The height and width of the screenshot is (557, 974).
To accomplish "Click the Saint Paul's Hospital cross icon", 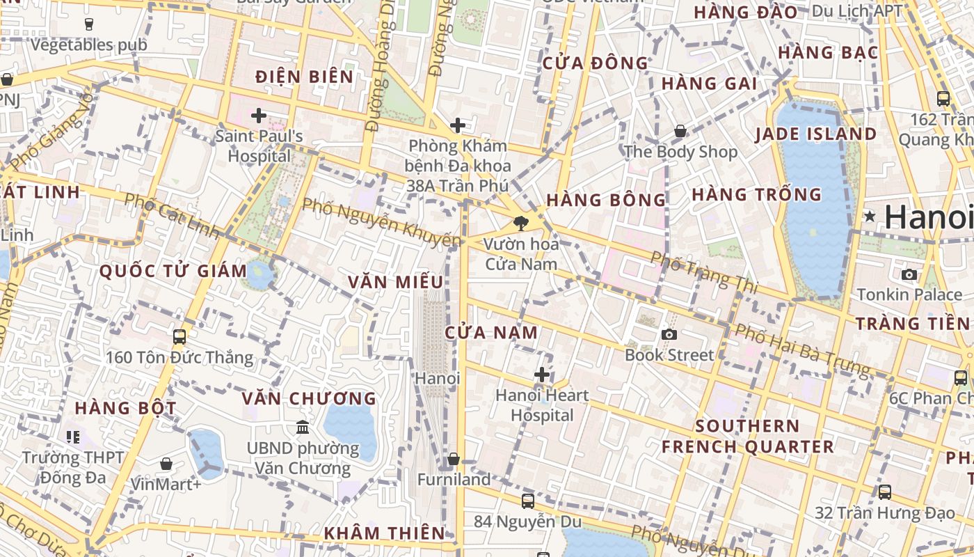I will (x=259, y=116).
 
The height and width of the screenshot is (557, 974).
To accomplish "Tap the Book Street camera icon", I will (x=669, y=334).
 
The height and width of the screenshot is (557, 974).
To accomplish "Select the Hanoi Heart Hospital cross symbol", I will (x=542, y=375).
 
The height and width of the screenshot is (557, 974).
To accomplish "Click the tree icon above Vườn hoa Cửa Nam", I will (x=520, y=223).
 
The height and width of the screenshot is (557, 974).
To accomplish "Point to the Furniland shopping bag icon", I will (x=454, y=459).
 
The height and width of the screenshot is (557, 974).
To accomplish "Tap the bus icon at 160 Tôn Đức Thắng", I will (x=179, y=337).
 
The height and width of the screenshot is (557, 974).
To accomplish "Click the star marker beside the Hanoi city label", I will (x=870, y=217).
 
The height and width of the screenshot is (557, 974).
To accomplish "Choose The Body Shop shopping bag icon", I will (x=680, y=131).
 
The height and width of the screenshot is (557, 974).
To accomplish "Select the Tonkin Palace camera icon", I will (x=909, y=274).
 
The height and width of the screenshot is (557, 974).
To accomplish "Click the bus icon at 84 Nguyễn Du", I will (x=528, y=501).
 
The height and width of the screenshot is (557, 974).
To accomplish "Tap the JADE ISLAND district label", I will (x=815, y=134).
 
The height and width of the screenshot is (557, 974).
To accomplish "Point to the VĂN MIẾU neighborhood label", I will (x=395, y=282).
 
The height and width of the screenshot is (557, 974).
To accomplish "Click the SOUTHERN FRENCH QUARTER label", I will (x=747, y=436).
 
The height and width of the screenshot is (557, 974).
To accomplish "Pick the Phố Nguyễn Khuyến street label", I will (x=382, y=222).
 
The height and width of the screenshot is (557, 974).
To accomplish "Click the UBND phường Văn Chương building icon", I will (x=303, y=427).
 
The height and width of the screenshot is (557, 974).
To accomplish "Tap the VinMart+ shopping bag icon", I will (x=166, y=464).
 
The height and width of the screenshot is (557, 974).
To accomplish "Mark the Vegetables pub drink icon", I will (x=89, y=24).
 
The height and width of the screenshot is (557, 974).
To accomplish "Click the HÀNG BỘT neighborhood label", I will (x=125, y=408).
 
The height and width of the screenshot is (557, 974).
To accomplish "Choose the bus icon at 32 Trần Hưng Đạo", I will (x=885, y=492).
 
